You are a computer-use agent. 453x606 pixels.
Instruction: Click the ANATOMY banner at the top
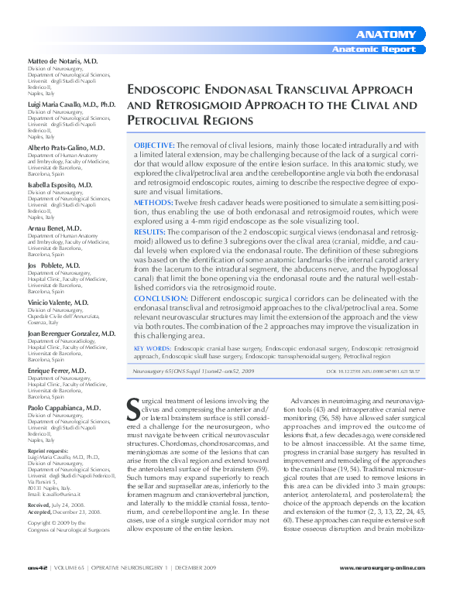tap(386, 35)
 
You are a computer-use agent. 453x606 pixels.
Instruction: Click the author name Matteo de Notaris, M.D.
tap(63, 60)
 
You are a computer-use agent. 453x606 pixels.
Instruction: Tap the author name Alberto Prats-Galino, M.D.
tap(66, 147)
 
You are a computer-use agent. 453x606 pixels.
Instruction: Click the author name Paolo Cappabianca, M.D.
tap(64, 407)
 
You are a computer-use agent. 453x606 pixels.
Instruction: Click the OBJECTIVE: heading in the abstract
tap(154, 145)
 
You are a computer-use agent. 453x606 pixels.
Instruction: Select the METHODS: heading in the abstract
tap(152, 200)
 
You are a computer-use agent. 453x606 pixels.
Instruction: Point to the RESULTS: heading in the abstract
tap(149, 231)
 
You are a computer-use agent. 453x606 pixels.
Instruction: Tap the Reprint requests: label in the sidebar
tap(48, 450)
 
